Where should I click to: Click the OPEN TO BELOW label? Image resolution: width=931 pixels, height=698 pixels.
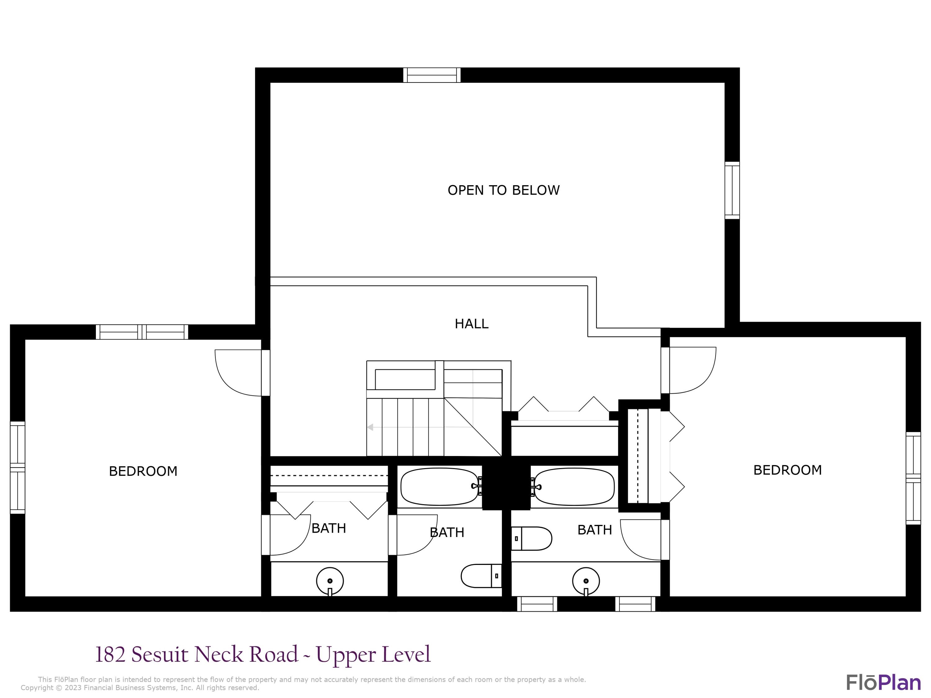click(503, 190)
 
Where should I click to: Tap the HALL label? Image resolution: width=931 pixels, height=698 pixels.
click(471, 324)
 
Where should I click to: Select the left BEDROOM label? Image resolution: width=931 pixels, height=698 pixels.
click(143, 471)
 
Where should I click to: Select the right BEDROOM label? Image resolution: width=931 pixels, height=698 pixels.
click(787, 470)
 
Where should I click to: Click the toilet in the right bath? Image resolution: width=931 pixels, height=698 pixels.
click(531, 538)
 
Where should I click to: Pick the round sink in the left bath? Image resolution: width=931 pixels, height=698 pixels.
click(330, 581)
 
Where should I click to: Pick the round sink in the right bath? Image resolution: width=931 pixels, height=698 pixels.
click(586, 581)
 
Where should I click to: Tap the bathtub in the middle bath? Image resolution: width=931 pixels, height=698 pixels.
click(440, 487)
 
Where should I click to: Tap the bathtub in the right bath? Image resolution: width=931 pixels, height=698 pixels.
click(574, 487)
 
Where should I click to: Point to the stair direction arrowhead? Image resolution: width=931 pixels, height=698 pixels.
click(370, 427)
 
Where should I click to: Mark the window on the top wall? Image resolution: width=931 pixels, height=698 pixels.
click(432, 75)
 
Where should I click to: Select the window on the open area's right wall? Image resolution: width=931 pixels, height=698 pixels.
click(732, 190)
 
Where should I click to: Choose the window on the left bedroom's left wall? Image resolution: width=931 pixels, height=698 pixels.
click(18, 468)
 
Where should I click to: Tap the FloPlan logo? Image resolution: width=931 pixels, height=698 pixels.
click(883, 682)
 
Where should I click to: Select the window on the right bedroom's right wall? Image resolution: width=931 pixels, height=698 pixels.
click(913, 478)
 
